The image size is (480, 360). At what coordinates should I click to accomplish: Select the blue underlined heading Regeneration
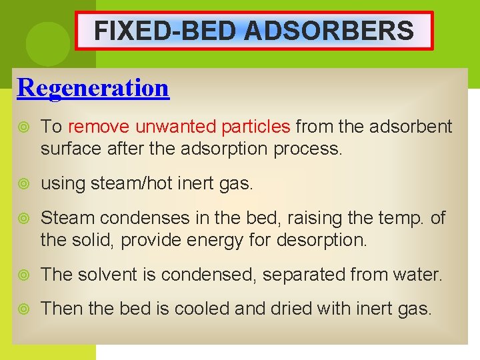93,87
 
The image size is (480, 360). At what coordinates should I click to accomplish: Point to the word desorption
327,239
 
